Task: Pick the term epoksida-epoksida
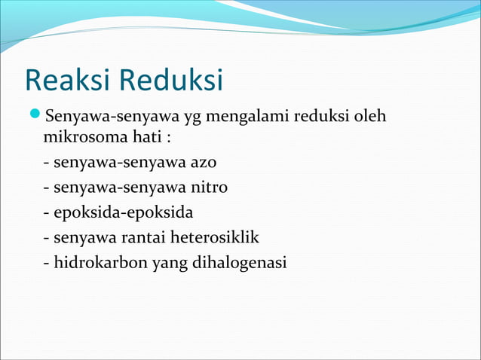tap(123, 213)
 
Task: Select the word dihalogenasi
tap(234, 263)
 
